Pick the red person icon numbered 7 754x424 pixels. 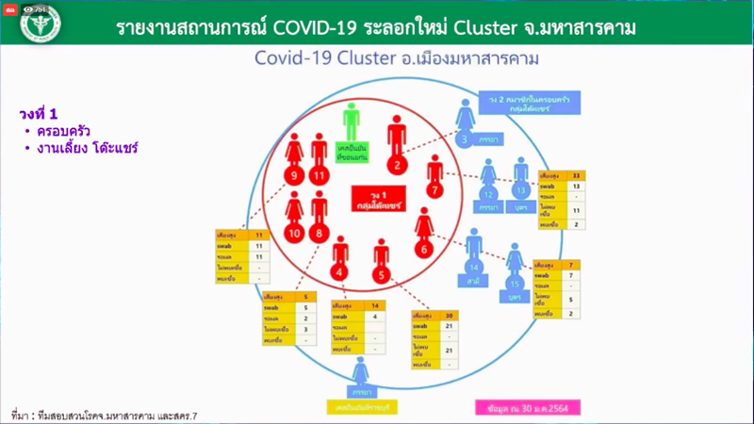[434, 178]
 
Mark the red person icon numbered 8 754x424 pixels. [320, 218]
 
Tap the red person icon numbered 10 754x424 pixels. [294, 218]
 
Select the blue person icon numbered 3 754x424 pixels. [464, 123]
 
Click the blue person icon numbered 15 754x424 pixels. [515, 268]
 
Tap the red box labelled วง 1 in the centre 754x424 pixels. [375, 199]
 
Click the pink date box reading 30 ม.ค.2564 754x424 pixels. [527, 407]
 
